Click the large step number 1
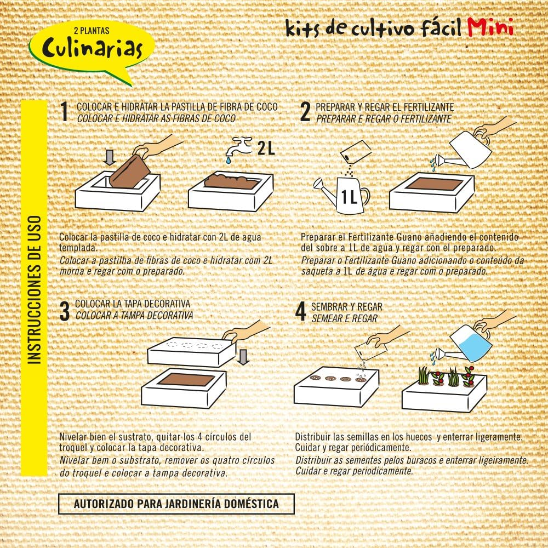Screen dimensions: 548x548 pyautogui.click(x=65, y=112)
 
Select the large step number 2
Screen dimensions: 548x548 pyautogui.click(x=305, y=112)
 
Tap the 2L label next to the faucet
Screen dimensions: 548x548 pyautogui.click(x=266, y=148)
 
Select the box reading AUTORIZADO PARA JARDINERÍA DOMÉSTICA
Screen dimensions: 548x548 pyautogui.click(x=176, y=504)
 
